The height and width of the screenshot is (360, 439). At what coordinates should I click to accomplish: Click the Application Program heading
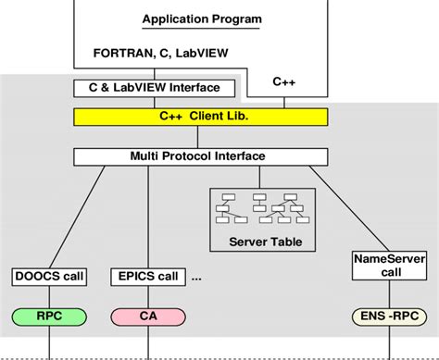(x=201, y=19)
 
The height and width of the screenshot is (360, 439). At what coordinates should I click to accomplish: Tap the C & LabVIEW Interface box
(x=155, y=88)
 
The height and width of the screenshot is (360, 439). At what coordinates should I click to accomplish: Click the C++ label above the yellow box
(x=285, y=82)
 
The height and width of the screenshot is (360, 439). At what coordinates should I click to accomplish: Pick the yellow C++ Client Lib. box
(x=201, y=117)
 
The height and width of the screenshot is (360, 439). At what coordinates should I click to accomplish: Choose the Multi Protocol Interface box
(x=201, y=156)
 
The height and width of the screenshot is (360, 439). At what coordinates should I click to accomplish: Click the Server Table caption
(x=258, y=242)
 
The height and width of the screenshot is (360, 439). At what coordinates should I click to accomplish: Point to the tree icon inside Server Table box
(x=258, y=208)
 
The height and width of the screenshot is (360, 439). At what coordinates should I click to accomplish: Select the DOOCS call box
(x=49, y=276)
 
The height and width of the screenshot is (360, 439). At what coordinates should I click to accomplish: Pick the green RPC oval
(x=49, y=317)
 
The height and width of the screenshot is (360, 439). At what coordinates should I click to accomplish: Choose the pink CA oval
(x=147, y=317)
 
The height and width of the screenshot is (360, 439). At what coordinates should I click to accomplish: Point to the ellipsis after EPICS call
(x=196, y=278)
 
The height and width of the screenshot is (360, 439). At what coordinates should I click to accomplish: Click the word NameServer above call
(x=382, y=260)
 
